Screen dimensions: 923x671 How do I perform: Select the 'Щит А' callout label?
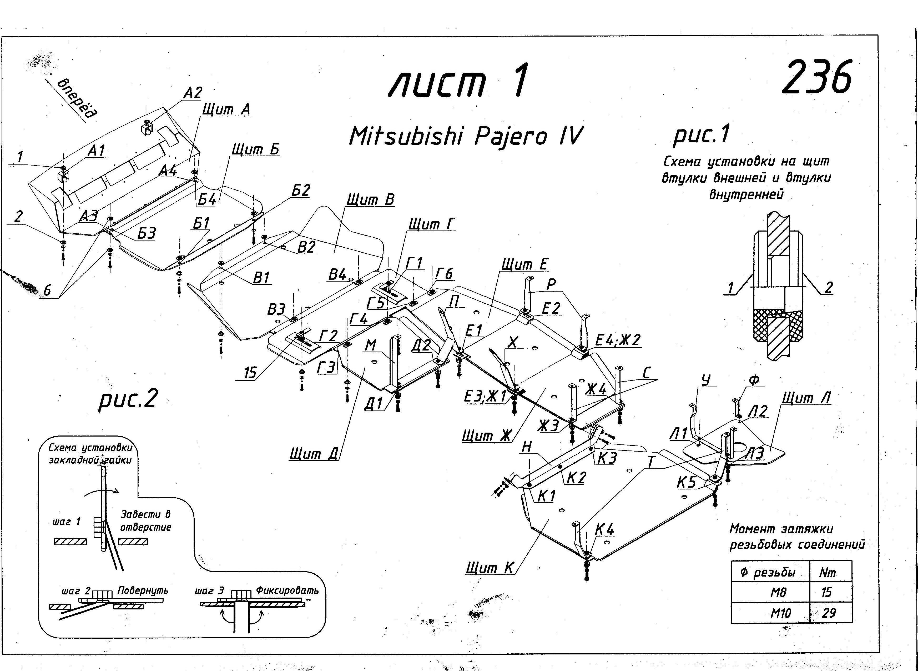(226, 109)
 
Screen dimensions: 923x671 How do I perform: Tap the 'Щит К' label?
(490, 567)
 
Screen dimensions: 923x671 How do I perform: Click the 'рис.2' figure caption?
(127, 399)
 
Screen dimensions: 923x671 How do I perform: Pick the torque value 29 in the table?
(828, 613)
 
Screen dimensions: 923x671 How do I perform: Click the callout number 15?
(250, 372)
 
